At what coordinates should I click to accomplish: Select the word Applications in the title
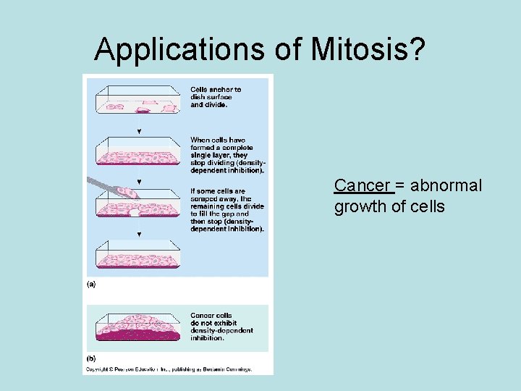click(x=173, y=49)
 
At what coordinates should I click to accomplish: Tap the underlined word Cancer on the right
click(x=363, y=185)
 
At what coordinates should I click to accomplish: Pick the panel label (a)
click(x=91, y=285)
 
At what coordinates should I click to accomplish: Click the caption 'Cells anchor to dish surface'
click(x=216, y=97)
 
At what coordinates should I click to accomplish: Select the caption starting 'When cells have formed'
click(x=226, y=155)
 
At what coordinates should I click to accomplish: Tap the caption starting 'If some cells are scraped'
click(x=226, y=210)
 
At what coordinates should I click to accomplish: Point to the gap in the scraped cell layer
click(x=135, y=211)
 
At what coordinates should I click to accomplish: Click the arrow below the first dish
click(x=139, y=130)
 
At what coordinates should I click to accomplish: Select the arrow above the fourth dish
click(x=139, y=234)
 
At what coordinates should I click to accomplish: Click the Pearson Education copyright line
click(x=169, y=369)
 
